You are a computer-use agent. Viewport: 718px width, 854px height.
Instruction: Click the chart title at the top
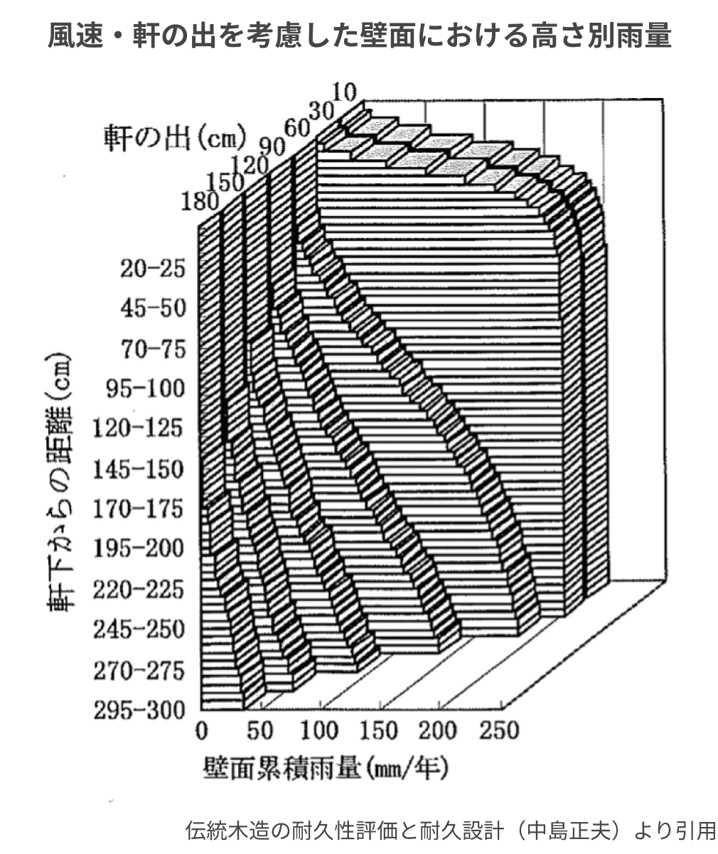coord(360,36)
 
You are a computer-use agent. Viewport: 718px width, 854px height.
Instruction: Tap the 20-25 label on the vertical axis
coord(153,269)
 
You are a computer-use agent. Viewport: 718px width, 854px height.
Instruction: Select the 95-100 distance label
coord(146,388)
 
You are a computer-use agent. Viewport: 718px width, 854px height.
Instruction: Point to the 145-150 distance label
coord(139,469)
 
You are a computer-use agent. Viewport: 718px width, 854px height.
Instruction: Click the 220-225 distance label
coord(139,590)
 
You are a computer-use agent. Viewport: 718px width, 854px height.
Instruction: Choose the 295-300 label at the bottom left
coord(139,710)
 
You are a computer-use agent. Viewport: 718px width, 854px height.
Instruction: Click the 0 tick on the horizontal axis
coord(201,730)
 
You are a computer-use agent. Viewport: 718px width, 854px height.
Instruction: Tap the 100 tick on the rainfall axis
coord(319,730)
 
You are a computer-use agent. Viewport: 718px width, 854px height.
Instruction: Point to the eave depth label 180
coord(200,201)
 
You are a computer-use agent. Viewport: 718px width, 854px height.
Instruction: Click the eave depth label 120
coord(250,166)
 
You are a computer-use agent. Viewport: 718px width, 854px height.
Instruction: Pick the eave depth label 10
coord(344,93)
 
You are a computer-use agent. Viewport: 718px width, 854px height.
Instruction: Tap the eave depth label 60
coord(297,129)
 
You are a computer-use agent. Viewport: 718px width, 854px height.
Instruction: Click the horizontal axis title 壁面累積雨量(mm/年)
coord(326,768)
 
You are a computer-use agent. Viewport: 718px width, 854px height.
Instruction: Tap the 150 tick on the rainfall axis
coord(379,730)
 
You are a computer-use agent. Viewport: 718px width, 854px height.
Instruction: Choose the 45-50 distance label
coord(153,308)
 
